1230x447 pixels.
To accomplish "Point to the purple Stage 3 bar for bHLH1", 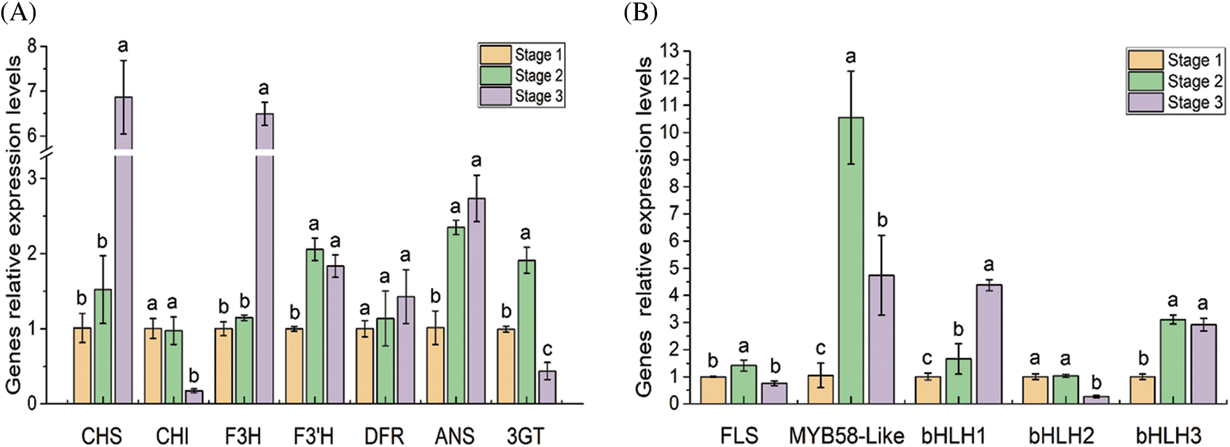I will point(988,344).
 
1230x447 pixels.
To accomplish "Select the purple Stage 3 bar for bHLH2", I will point(1096,400).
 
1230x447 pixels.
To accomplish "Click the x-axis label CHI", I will point(172,436).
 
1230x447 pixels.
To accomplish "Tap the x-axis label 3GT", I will point(526,436).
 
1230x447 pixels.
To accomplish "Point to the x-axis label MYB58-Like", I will point(846,436).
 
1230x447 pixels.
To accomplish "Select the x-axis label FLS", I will point(739,436).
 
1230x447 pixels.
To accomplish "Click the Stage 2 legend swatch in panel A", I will point(495,76).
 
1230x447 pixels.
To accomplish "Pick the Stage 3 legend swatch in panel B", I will point(1145,103).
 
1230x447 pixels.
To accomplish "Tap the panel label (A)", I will point(18,13).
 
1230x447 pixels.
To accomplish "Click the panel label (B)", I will point(640,13).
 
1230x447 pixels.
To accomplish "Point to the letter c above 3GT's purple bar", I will point(547,350).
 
